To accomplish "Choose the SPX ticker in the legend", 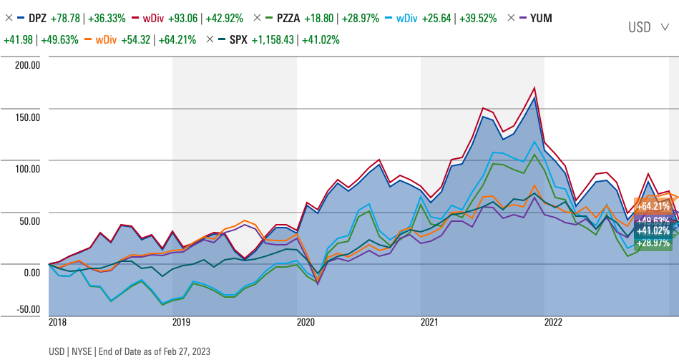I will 238,39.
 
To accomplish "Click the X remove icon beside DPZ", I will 9,18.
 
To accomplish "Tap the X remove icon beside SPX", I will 210,39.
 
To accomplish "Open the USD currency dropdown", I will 648,27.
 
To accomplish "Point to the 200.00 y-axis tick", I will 27,65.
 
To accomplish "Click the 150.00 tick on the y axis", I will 27,117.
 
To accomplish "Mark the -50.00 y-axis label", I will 27,309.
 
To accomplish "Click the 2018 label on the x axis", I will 59,323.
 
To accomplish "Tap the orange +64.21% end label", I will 652,206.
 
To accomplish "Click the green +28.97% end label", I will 652,243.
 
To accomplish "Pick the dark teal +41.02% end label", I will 652,230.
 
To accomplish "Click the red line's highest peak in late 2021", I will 534,88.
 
